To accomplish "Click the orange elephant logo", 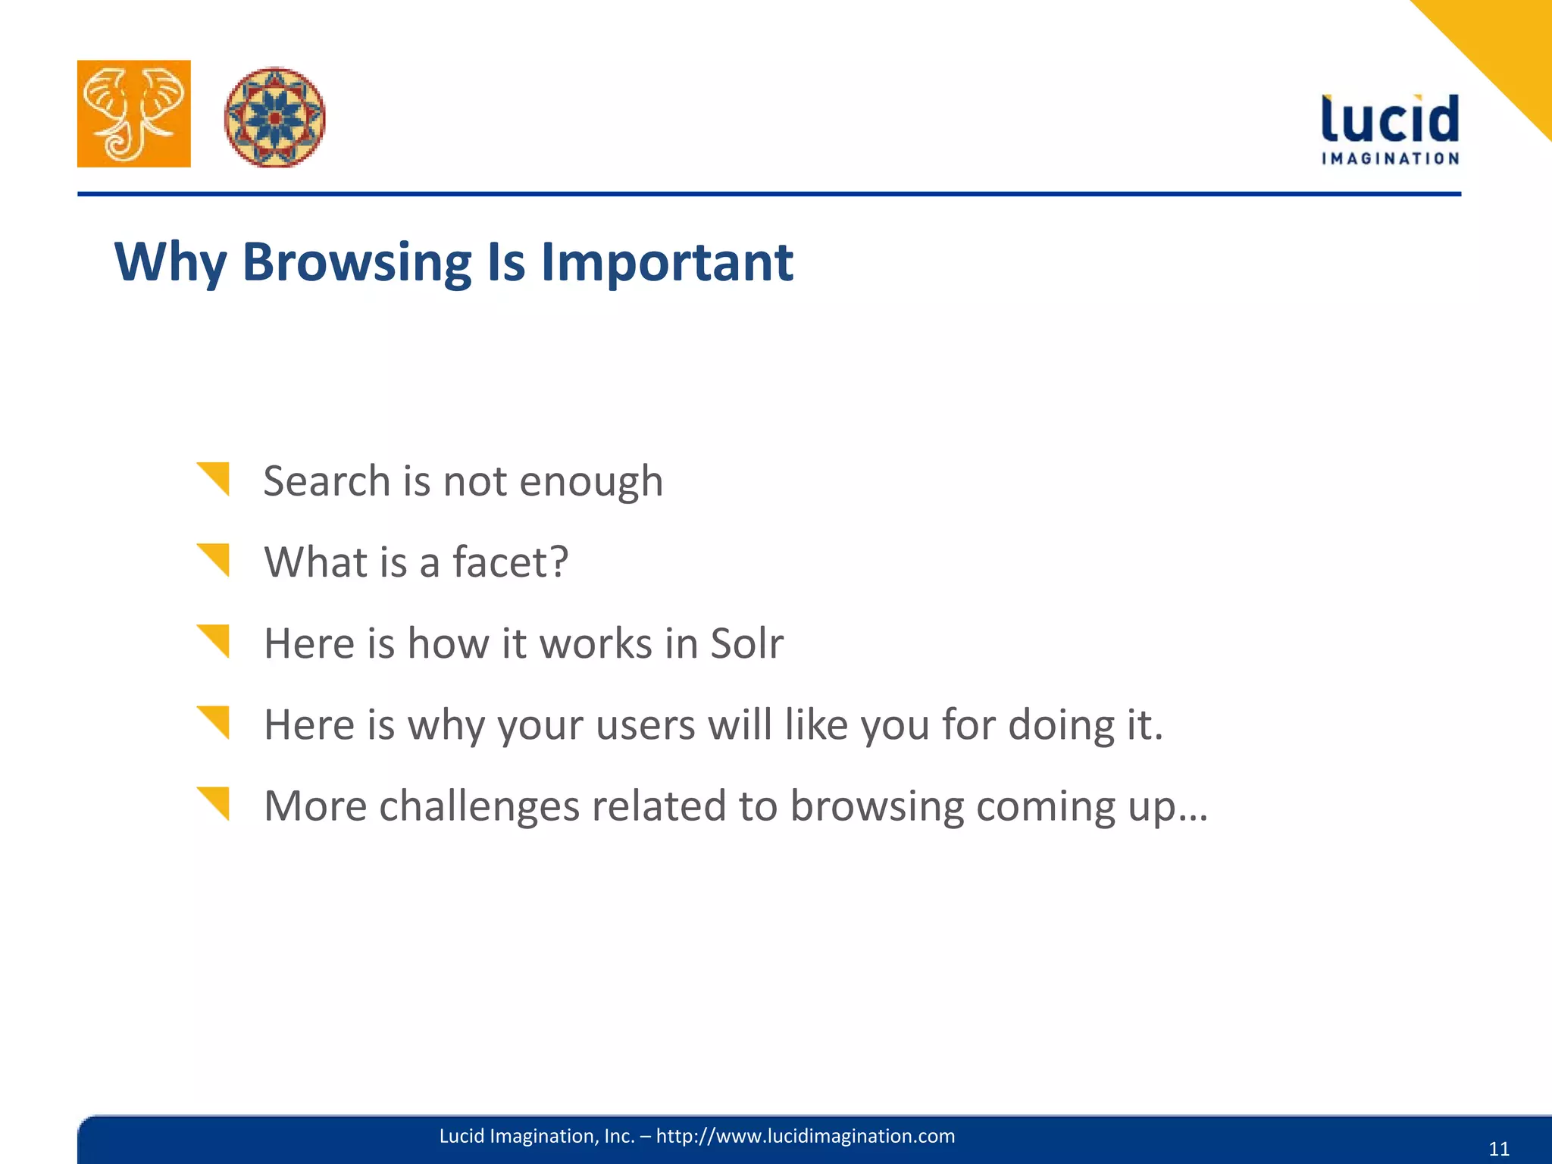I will [134, 114].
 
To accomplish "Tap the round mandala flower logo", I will [275, 117].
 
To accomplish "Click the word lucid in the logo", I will [1390, 120].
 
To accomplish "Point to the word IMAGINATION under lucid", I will [1390, 158].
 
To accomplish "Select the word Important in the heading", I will [666, 262].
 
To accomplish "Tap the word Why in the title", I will [170, 262].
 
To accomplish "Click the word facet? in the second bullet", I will [510, 562].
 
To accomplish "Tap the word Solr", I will [746, 643].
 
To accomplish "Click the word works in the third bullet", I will [596, 643].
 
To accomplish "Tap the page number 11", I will [1499, 1149].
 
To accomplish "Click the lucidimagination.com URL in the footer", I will [805, 1136].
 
